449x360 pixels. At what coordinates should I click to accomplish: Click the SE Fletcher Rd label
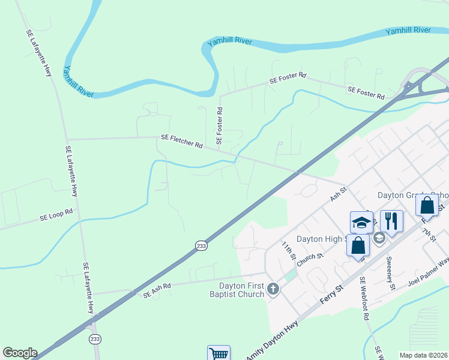click(182, 142)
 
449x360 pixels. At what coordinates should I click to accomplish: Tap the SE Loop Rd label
click(56, 215)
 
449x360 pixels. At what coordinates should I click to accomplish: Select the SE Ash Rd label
click(157, 290)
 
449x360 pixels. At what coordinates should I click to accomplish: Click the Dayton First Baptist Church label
click(241, 290)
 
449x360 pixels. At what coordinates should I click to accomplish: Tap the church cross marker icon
click(273, 289)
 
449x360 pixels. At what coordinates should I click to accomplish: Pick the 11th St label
click(289, 251)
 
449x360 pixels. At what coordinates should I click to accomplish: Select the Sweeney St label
click(390, 273)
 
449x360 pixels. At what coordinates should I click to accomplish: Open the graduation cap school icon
click(361, 222)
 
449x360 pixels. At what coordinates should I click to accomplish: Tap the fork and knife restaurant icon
click(391, 220)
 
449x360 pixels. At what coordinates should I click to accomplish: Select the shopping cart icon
click(219, 353)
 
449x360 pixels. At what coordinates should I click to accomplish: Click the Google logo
click(20, 353)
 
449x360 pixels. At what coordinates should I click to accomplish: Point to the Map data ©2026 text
click(424, 355)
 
